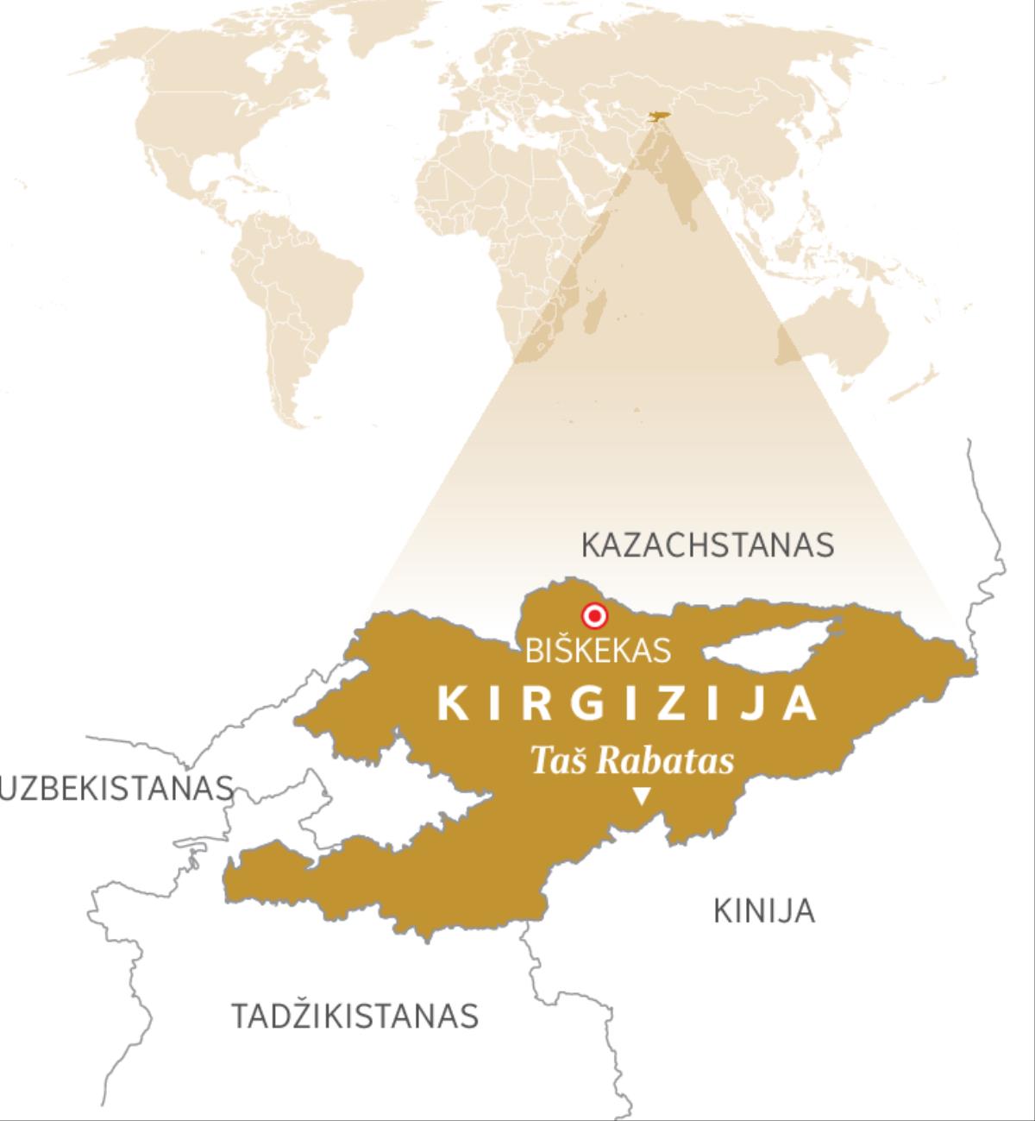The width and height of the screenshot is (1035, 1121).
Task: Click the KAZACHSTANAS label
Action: pyautogui.click(x=707, y=545)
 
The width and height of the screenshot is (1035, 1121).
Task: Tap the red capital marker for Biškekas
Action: pyautogui.click(x=594, y=616)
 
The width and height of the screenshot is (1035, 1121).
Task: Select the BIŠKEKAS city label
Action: pyautogui.click(x=598, y=650)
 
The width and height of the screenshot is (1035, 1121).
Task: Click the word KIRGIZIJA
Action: pyautogui.click(x=627, y=703)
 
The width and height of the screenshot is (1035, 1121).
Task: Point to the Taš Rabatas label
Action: pyautogui.click(x=631, y=761)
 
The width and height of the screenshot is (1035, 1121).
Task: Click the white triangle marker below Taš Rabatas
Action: pyautogui.click(x=641, y=797)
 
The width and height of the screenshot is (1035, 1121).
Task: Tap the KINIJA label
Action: pyautogui.click(x=764, y=911)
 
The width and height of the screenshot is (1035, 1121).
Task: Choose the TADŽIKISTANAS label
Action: pyautogui.click(x=354, y=1016)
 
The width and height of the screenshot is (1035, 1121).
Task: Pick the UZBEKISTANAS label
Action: pyautogui.click(x=117, y=788)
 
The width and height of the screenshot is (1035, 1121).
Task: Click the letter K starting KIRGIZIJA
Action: pyautogui.click(x=452, y=704)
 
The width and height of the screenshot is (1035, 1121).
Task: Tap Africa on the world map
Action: pyautogui.click(x=500, y=224)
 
